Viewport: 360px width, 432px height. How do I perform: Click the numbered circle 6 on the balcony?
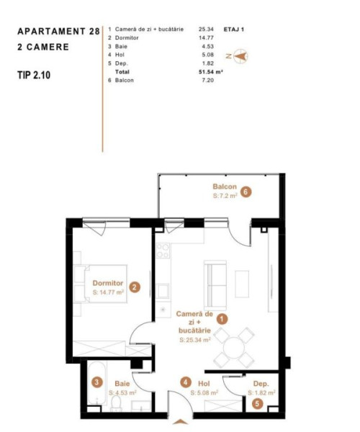pos(246,192)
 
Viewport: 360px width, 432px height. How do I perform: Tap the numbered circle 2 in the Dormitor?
pos(135,287)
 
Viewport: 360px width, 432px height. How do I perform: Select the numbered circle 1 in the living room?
pos(222,319)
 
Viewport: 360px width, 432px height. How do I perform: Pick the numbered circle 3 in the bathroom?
pos(96,382)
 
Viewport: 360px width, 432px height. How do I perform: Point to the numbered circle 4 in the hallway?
pos(186,382)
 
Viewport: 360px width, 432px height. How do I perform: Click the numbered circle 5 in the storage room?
pos(257,404)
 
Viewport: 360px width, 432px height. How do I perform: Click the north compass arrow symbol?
pos(240,56)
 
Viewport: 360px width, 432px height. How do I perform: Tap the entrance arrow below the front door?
pos(181,422)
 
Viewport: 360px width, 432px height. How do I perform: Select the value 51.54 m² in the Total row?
pos(210,72)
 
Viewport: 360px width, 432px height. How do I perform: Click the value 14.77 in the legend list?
pos(206,37)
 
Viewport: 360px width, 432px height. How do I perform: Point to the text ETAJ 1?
pos(233,30)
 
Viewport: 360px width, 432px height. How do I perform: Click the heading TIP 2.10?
pos(34,75)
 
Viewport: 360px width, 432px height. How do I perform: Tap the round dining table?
pos(234,348)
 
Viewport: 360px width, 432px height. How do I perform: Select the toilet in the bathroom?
pos(116,404)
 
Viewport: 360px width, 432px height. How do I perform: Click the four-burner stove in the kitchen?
pos(163,251)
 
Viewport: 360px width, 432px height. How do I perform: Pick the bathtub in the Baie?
pos(96,384)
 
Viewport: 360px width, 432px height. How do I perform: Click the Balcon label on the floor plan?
pos(225,186)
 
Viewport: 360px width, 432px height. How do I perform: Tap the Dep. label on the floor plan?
pos(261,384)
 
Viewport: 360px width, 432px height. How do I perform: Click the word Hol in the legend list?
pos(120,55)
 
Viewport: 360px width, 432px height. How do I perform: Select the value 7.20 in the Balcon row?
pos(207,80)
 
